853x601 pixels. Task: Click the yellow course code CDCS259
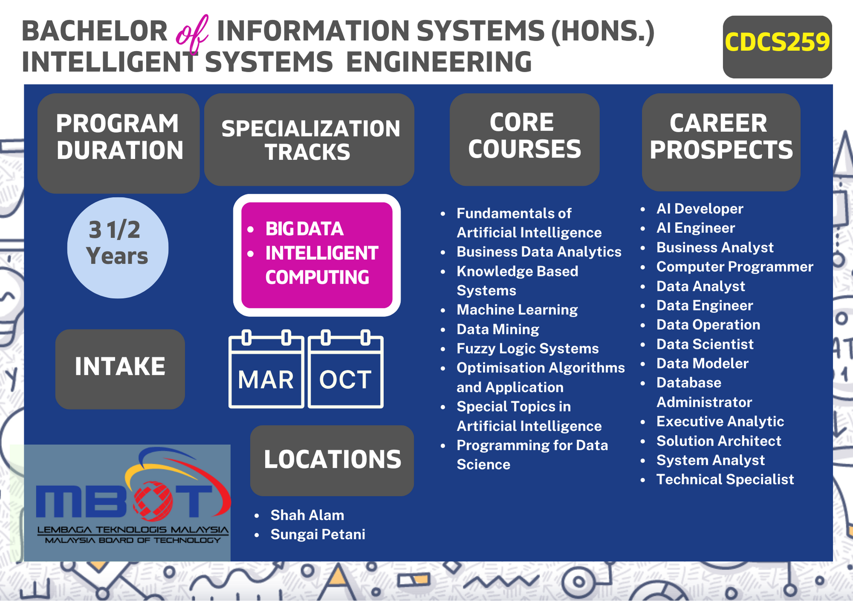click(x=777, y=42)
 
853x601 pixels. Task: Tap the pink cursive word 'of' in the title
click(x=192, y=34)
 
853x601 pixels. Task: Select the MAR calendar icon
click(x=266, y=369)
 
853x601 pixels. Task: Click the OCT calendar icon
click(x=345, y=369)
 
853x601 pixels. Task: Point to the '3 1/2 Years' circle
click(x=118, y=248)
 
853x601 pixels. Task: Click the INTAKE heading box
click(x=120, y=369)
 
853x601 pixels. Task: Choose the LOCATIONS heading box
click(x=332, y=460)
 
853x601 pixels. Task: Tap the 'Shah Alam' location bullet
click(x=307, y=515)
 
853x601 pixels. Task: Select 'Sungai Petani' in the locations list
click(x=318, y=534)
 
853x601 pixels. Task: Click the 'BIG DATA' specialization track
click(x=305, y=229)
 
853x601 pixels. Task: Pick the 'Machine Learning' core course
click(x=517, y=310)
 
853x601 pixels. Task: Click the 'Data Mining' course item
click(x=498, y=329)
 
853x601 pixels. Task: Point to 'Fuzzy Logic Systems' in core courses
click(x=528, y=348)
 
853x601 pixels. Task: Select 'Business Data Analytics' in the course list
click(x=539, y=252)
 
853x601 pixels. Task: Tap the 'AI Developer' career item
click(x=700, y=209)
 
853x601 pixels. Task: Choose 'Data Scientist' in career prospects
click(x=705, y=344)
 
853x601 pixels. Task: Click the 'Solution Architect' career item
click(x=719, y=441)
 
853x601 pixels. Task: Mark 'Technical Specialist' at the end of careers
click(x=725, y=479)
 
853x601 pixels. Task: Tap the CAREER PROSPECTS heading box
click(x=721, y=142)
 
